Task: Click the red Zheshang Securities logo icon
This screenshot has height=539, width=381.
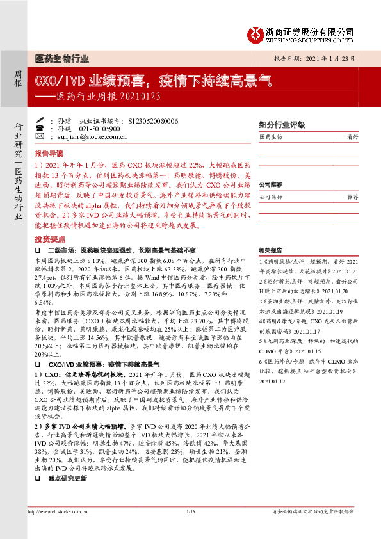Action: click(256, 33)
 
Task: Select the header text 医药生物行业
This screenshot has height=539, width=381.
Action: click(61, 58)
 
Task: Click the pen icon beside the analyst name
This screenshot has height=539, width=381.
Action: click(40, 120)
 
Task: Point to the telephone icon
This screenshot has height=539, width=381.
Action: click(40, 129)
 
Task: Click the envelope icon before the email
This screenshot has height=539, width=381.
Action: click(40, 137)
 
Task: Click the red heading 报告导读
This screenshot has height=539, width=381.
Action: click(49, 154)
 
